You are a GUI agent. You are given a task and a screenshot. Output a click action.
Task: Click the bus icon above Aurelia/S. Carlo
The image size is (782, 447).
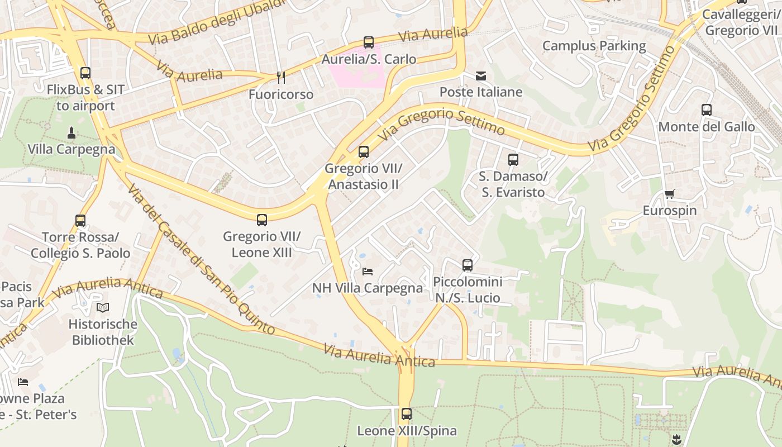coord(369,42)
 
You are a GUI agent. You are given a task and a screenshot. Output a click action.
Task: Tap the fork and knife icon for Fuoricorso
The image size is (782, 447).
coord(281,77)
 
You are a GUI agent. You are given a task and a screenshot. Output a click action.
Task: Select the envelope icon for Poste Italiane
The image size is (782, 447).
coord(481,76)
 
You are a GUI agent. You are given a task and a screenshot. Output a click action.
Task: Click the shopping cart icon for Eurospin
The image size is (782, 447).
coord(669,194)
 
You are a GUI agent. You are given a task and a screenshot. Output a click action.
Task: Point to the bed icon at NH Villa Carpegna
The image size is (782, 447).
coord(368,272)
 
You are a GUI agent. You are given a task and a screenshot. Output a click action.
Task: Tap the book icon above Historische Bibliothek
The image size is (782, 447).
coord(103,307)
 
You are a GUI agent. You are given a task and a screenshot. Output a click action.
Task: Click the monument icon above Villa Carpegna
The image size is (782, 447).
coord(71,133)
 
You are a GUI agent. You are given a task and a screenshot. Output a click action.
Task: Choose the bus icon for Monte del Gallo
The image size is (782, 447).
coord(707,110)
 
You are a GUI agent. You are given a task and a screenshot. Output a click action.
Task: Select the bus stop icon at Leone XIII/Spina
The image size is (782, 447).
coord(407,414)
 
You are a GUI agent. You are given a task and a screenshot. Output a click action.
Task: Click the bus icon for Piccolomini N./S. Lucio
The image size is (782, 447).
coord(468,265)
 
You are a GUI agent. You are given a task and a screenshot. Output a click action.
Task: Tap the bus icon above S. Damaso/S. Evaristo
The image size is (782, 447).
coord(513,160)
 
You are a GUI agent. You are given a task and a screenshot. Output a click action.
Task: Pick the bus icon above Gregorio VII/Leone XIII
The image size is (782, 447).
coord(262,220)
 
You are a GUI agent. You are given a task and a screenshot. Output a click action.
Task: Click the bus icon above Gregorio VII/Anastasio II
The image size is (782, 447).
coord(364,151)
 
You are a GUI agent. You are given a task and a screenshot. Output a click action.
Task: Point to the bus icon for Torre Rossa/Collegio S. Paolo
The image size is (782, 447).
coord(80,221)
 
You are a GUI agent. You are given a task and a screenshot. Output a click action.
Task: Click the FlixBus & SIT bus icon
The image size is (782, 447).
coord(85,73)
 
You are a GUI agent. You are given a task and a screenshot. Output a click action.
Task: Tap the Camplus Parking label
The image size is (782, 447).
coord(594,46)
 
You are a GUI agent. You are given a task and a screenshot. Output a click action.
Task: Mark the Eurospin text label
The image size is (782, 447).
coord(669,211)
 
